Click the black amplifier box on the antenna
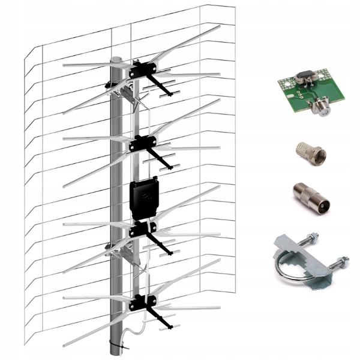[x=144, y=196]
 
